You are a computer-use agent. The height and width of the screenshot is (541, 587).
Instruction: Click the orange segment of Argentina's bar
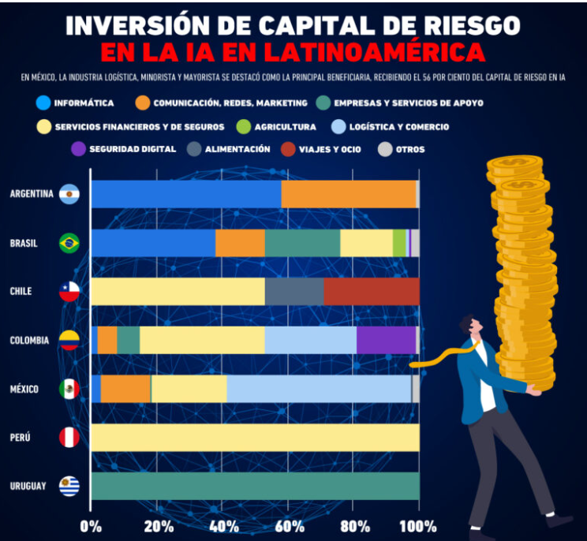(x=348, y=194)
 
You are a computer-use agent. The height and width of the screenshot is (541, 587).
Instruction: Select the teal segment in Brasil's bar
(x=302, y=243)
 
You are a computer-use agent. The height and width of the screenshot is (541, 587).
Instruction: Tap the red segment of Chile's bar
(x=372, y=291)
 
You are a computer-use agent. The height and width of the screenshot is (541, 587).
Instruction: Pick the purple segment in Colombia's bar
(x=386, y=340)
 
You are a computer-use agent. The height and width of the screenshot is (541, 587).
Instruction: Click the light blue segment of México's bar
(x=319, y=389)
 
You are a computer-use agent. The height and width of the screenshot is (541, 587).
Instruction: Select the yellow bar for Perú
(x=255, y=438)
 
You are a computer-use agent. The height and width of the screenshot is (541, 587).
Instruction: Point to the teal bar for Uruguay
(x=255, y=486)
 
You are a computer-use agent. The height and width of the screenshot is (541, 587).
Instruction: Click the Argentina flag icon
(x=69, y=194)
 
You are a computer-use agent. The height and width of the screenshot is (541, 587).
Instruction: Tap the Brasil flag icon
(x=69, y=243)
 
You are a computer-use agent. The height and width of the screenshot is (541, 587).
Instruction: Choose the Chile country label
(x=21, y=291)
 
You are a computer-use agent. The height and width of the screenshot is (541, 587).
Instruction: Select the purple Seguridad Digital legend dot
(x=77, y=149)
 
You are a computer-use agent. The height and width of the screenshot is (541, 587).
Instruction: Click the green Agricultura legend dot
(x=243, y=126)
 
